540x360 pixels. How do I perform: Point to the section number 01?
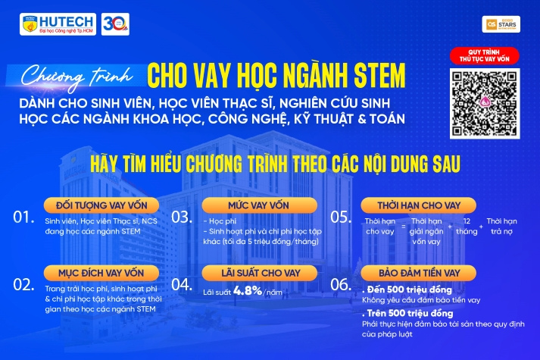click(24, 218)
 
